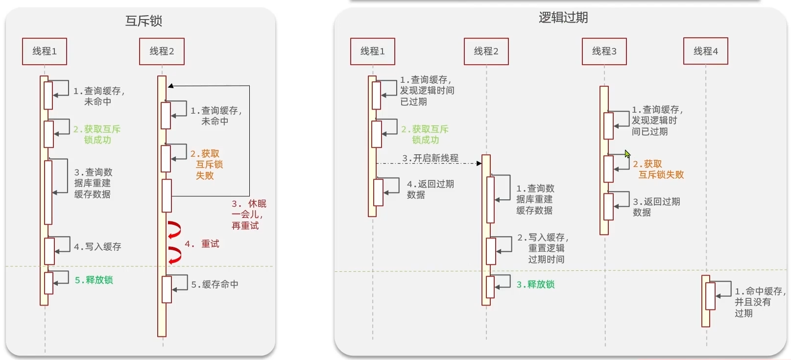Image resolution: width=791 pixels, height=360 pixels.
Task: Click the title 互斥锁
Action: pyautogui.click(x=144, y=21)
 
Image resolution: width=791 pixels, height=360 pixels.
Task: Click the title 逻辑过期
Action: pyautogui.click(x=563, y=18)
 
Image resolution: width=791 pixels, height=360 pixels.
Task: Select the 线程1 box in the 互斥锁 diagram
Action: pyautogui.click(x=45, y=51)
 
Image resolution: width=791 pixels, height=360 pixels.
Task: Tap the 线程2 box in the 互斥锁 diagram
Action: pyautogui.click(x=162, y=51)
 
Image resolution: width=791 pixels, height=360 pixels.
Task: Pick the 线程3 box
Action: pyautogui.click(x=604, y=51)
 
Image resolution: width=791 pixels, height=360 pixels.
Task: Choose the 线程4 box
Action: pyautogui.click(x=705, y=51)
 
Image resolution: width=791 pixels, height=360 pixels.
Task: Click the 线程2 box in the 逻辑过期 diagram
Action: pyautogui.click(x=486, y=51)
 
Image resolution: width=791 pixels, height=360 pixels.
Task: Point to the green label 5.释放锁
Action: pyautogui.click(x=94, y=280)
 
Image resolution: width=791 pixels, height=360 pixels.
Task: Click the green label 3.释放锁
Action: pyautogui.click(x=535, y=284)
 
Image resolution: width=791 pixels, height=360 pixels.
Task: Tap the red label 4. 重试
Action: pyautogui.click(x=202, y=243)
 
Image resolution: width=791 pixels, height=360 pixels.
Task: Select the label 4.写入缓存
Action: pyautogui.click(x=97, y=246)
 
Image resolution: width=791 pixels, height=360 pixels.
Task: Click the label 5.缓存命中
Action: pyautogui.click(x=215, y=284)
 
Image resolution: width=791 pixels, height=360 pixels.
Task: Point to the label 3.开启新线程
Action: pyautogui.click(x=430, y=158)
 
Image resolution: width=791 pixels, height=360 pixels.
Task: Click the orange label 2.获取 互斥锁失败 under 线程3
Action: pyautogui.click(x=658, y=169)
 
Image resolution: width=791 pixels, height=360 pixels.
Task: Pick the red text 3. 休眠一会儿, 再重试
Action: pyautogui.click(x=249, y=215)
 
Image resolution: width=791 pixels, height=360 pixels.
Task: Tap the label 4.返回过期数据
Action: pyautogui.click(x=430, y=189)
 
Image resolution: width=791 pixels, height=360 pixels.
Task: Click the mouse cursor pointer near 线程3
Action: pyautogui.click(x=627, y=153)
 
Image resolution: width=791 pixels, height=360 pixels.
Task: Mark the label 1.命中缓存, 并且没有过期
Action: pyautogui.click(x=759, y=302)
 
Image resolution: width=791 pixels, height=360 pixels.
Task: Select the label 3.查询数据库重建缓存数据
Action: pyautogui.click(x=93, y=183)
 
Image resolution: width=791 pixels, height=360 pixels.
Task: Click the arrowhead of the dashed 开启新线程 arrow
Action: pyautogui.click(x=479, y=164)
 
